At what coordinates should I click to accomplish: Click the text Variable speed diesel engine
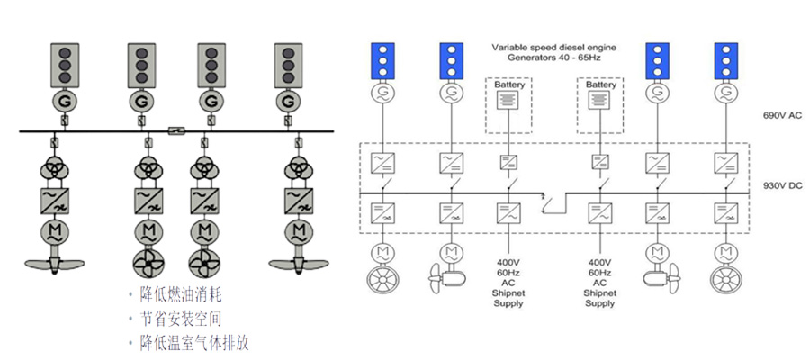[x=552, y=45]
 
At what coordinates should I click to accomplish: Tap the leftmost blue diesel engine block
[x=385, y=59]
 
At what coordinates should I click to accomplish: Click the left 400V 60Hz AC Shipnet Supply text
[x=509, y=272]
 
